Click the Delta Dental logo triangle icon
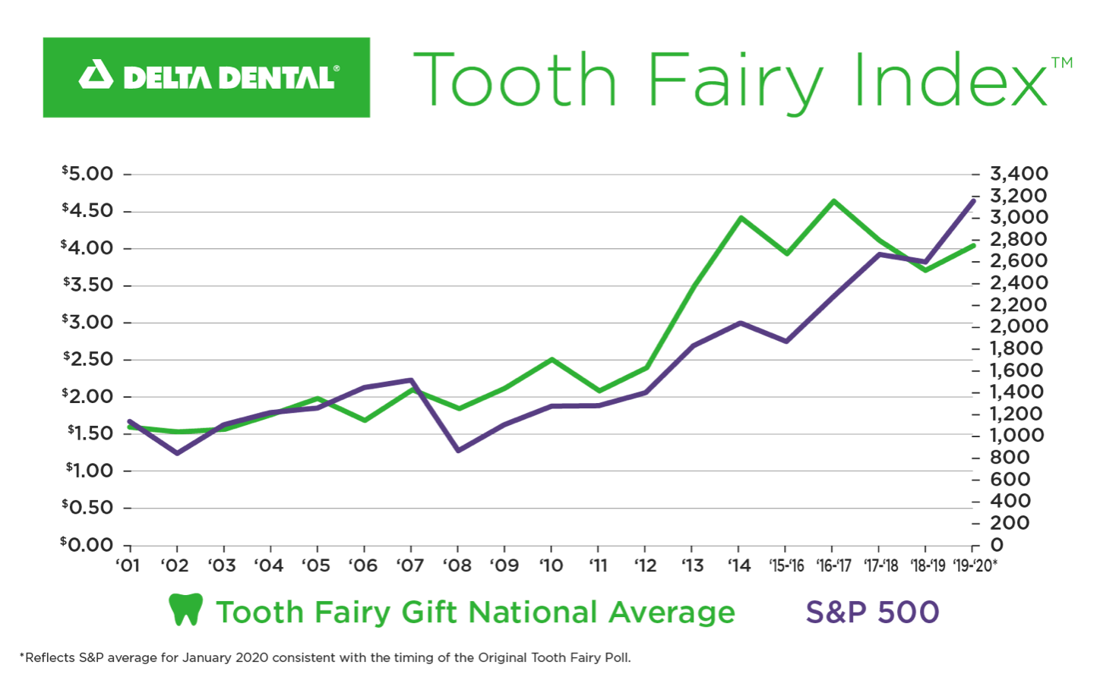(96, 76)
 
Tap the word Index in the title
(950, 80)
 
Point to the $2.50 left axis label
(87, 359)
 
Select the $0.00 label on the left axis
(87, 544)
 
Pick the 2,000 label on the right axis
(1019, 326)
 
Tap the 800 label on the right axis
(1010, 457)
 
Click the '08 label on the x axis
(457, 565)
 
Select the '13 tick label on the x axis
(692, 565)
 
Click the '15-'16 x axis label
(786, 565)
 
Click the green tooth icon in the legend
(186, 609)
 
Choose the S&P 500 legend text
(872, 612)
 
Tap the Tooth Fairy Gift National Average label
(476, 612)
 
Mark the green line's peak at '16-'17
(833, 201)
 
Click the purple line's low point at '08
(458, 451)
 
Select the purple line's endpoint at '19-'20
(973, 200)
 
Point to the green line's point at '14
(740, 218)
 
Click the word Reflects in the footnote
(50, 657)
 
